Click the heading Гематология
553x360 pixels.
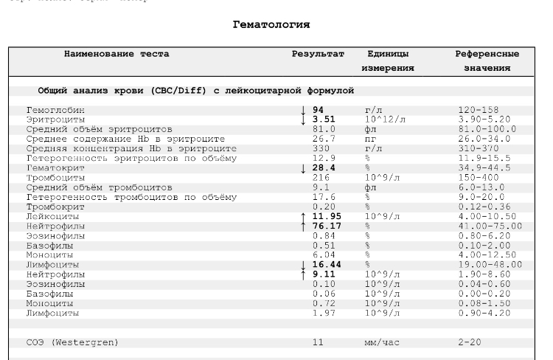(271, 25)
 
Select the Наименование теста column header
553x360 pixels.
(116, 54)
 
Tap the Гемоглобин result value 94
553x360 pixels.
(319, 110)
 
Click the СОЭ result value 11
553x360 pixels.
(319, 342)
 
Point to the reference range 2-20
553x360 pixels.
(469, 342)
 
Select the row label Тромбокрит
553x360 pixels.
(53, 207)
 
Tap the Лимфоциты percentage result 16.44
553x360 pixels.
(327, 264)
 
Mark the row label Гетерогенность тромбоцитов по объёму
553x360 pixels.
(131, 197)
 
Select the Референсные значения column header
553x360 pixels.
(487, 60)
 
